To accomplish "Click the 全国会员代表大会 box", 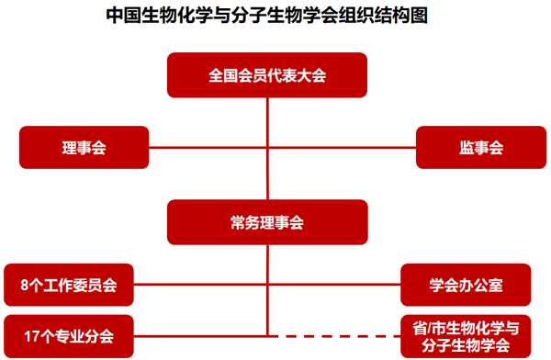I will [x=266, y=74].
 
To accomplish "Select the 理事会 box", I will [x=84, y=148].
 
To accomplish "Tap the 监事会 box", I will [x=480, y=148].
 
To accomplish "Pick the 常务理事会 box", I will [x=266, y=221].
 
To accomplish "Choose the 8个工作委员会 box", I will [x=68, y=286].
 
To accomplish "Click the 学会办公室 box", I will [x=465, y=286].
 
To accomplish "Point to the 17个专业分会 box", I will [x=68, y=336].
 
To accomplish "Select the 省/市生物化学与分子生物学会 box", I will [x=465, y=336].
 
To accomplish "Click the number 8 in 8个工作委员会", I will [x=24, y=286].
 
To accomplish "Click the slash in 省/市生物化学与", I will [x=427, y=328].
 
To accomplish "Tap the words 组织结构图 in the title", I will [x=388, y=16].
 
